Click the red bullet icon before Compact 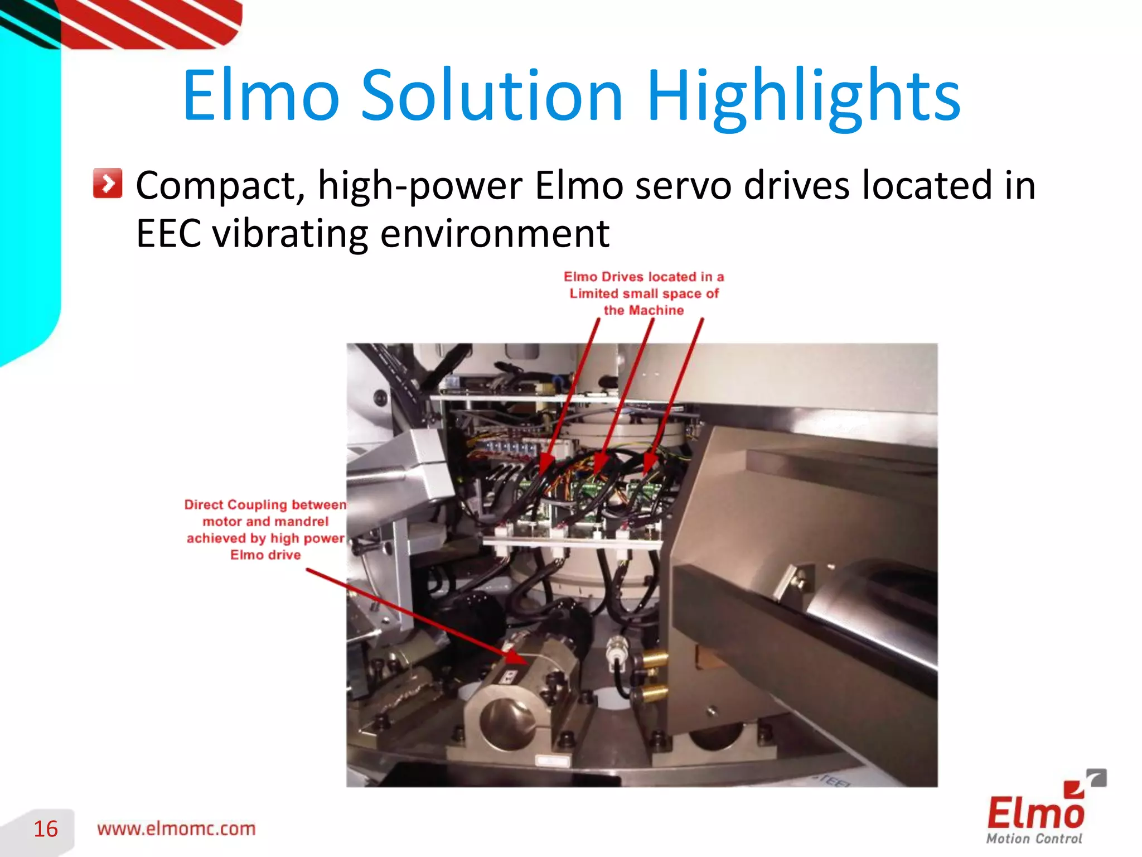click(x=108, y=183)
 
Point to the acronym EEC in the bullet click(x=168, y=233)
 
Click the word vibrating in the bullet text click(x=290, y=233)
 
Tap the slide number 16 click(x=46, y=829)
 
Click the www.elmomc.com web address click(x=176, y=829)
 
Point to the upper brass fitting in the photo click(x=654, y=660)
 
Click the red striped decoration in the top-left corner click(x=151, y=22)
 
